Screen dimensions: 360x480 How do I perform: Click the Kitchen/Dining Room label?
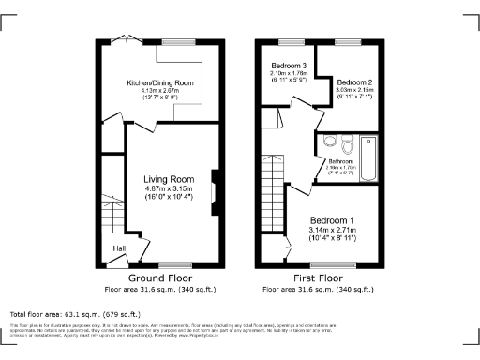tap(160, 83)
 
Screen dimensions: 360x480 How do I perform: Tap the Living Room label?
tap(169, 178)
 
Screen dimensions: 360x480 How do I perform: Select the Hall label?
tap(120, 247)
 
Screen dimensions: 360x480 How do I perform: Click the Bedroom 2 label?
tap(355, 82)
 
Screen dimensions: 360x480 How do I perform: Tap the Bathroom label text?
tap(340, 161)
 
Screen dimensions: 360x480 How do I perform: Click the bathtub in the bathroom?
tap(367, 157)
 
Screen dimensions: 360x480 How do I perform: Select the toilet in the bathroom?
tap(348, 144)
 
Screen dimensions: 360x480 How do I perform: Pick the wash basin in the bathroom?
tap(329, 142)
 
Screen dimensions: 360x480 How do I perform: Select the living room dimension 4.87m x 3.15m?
tap(169, 188)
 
